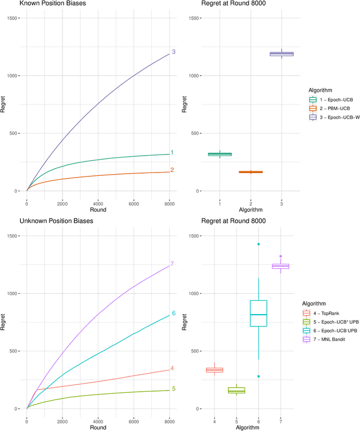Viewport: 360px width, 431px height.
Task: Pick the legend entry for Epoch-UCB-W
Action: click(x=339, y=117)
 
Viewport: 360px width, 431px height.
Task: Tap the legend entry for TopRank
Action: click(x=330, y=313)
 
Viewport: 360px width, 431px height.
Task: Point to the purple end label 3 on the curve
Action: click(x=174, y=52)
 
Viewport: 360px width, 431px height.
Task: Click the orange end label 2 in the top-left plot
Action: click(x=172, y=170)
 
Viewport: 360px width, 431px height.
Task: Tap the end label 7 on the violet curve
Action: click(x=172, y=264)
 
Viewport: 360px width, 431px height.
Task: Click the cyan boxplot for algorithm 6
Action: click(x=258, y=313)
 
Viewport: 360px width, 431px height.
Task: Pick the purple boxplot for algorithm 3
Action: click(x=281, y=54)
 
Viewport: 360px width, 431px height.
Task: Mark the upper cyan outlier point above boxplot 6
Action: click(x=258, y=244)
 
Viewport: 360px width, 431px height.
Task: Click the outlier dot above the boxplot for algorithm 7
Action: click(x=280, y=256)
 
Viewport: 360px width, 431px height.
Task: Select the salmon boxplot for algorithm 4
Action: click(x=214, y=370)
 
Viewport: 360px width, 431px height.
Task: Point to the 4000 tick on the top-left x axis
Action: click(x=98, y=203)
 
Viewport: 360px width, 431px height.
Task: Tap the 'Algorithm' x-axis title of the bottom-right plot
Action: click(x=247, y=428)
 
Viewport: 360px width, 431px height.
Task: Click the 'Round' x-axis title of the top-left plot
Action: click(x=98, y=210)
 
